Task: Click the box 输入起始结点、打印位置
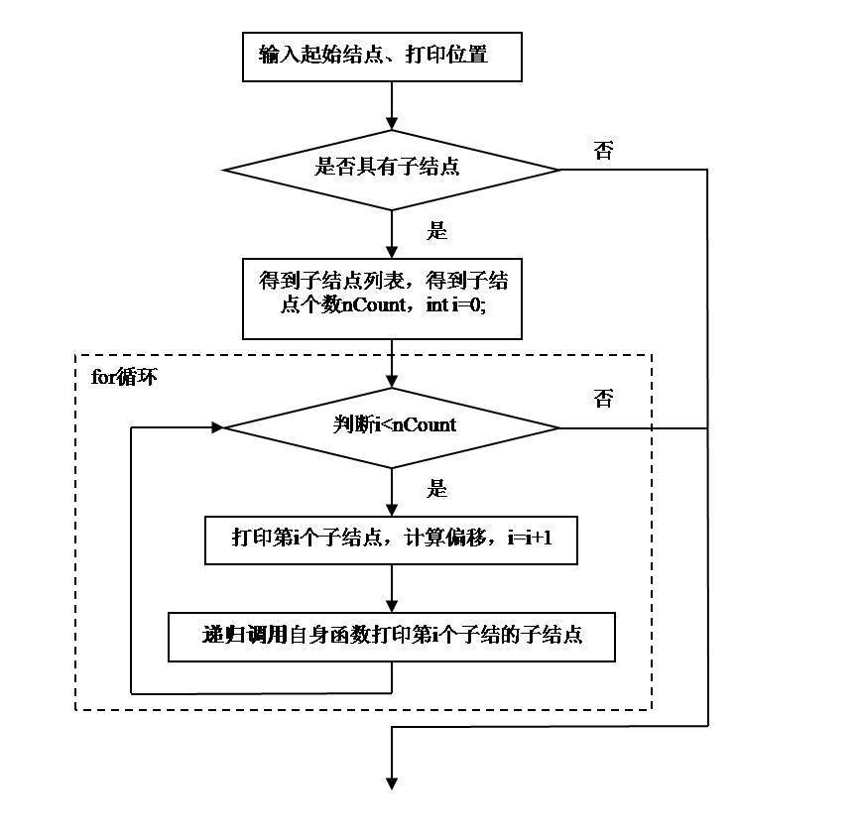(382, 57)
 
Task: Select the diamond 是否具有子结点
(392, 170)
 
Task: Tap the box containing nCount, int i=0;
(382, 299)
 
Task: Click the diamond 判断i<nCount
(392, 428)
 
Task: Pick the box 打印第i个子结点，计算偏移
(391, 540)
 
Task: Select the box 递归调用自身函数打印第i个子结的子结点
(392, 637)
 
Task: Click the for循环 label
(124, 377)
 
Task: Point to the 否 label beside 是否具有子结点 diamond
(603, 150)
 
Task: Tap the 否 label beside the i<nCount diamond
(603, 398)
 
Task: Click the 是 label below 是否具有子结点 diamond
(436, 230)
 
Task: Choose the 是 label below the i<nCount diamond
(436, 488)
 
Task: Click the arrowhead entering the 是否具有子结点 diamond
(392, 123)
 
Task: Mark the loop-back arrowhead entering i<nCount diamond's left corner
(217, 427)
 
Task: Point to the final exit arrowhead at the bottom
(392, 783)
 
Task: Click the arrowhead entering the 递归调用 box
(392, 606)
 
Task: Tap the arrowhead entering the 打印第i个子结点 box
(392, 510)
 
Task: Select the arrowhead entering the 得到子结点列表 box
(392, 252)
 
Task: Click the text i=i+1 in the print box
(530, 538)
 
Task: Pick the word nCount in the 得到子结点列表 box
(374, 304)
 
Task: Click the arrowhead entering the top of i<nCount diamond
(392, 382)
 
